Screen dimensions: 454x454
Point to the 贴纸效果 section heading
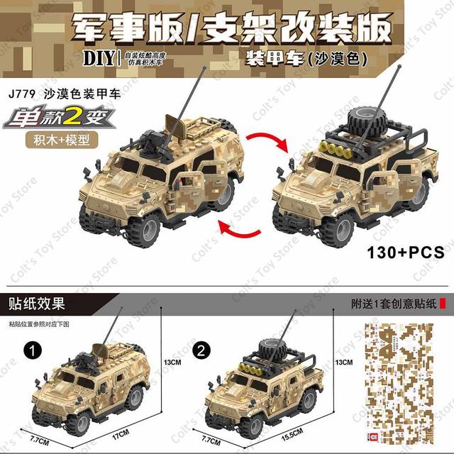tap(37, 304)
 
